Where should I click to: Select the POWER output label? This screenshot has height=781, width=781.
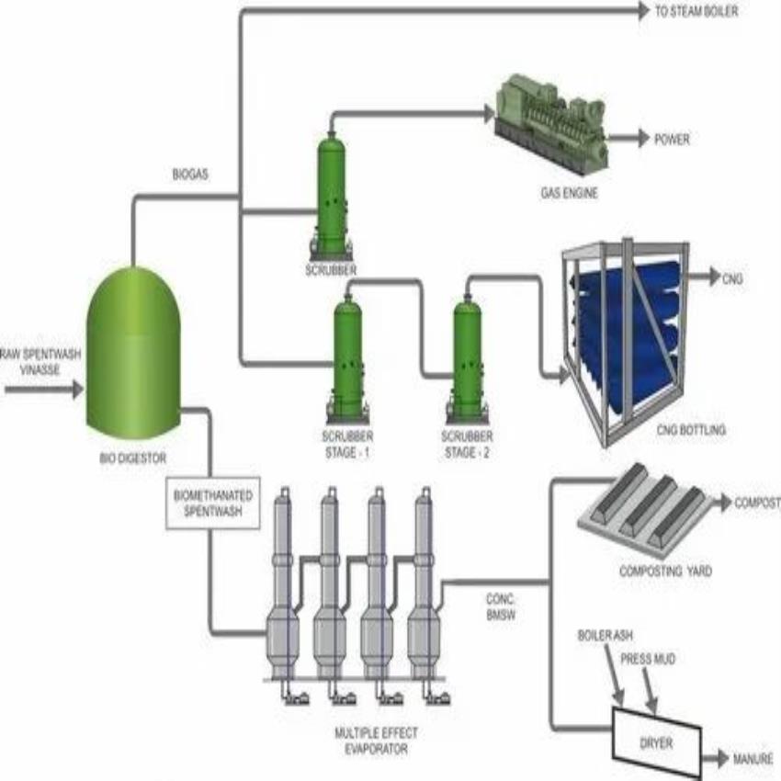671,141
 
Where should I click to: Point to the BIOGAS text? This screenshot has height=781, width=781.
190,174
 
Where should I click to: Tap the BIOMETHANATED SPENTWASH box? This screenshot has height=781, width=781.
210,504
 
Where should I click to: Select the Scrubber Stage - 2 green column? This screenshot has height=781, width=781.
467,358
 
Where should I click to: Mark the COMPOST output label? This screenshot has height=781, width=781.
757,504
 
